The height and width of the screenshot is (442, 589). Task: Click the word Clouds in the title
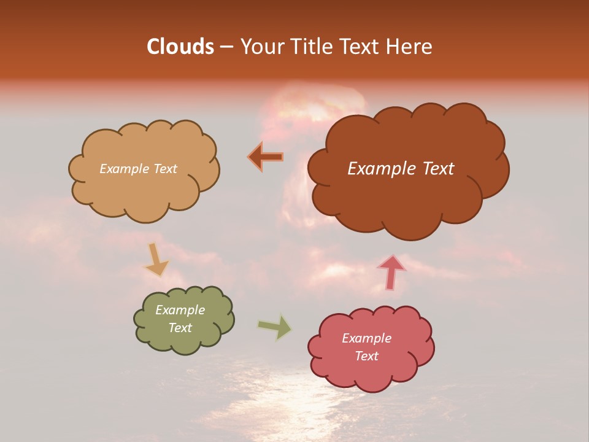pos(180,47)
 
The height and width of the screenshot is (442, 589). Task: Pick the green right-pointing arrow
pos(275,327)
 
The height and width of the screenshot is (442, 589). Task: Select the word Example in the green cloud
pos(180,310)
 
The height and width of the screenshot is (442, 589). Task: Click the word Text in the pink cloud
pos(366,356)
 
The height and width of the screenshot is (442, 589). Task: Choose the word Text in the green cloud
pos(180,328)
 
